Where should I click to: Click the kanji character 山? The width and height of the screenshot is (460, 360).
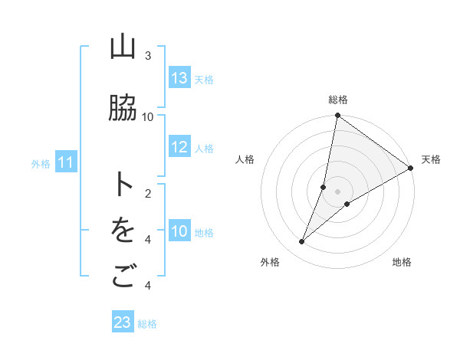pos(123,48)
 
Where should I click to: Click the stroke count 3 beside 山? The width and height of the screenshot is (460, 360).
pos(148,56)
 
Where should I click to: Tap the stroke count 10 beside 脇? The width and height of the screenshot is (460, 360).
pos(148,116)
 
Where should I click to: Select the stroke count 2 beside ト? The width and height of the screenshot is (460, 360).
pos(148,193)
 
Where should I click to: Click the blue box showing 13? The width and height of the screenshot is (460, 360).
pos(179,78)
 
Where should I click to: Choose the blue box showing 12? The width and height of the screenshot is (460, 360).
pos(179,148)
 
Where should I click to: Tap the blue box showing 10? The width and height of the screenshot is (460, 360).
pos(179,231)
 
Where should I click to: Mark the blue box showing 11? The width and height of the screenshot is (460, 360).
pos(66,162)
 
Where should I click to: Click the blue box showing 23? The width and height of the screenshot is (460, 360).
pos(123,322)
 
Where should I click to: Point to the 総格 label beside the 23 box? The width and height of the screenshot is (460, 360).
pos(147,324)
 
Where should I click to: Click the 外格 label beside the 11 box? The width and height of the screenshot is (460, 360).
pos(41,163)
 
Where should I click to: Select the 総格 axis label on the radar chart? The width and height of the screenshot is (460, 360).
pos(338,100)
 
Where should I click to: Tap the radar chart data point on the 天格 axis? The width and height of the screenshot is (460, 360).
pos(410,168)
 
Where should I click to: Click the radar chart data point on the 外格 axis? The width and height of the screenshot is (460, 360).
pos(302,242)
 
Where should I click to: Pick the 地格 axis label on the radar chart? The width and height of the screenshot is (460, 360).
pos(402,262)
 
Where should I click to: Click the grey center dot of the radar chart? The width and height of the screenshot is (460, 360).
pos(337,191)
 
